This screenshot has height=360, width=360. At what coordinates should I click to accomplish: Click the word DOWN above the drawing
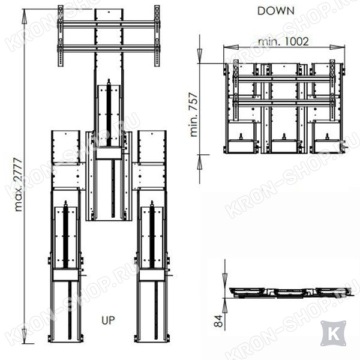tap(276, 11)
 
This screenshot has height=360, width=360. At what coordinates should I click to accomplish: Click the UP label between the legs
tap(108, 320)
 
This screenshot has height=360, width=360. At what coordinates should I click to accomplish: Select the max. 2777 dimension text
tap(19, 184)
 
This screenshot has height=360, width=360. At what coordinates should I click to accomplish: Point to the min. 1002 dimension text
tap(283, 41)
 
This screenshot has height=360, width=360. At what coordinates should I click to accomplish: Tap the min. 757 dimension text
tap(194, 115)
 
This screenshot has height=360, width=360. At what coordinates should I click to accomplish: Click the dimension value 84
tap(218, 321)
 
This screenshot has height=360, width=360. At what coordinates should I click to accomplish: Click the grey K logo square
tap(334, 334)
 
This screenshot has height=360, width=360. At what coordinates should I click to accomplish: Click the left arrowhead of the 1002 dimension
tap(231, 47)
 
